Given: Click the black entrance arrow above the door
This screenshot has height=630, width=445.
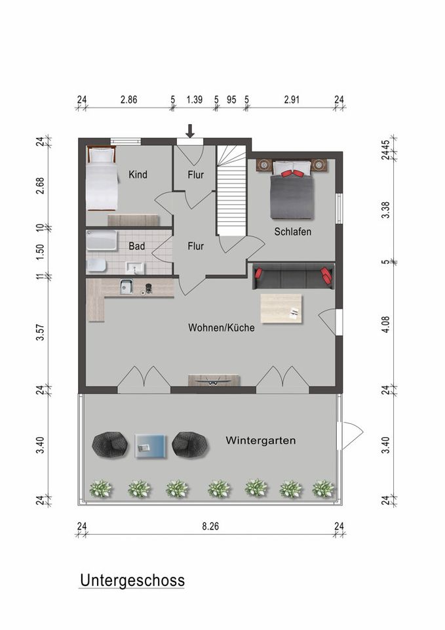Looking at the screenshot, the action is pyautogui.click(x=190, y=131).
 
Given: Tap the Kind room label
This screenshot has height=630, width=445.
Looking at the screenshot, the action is pyautogui.click(x=138, y=175).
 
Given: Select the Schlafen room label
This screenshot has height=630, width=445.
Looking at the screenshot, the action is pyautogui.click(x=292, y=232).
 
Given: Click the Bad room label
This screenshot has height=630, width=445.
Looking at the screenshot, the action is pyautogui.click(x=136, y=246).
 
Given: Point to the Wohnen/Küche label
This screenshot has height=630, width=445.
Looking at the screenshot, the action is pyautogui.click(x=221, y=328).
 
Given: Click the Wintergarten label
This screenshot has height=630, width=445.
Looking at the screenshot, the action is pyautogui.click(x=260, y=440).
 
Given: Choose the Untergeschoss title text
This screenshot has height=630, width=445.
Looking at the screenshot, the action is pyautogui.click(x=132, y=581).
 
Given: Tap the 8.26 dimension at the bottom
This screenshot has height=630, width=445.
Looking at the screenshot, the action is pyautogui.click(x=210, y=526).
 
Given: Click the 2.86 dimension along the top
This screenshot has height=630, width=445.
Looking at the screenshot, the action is pyautogui.click(x=129, y=100).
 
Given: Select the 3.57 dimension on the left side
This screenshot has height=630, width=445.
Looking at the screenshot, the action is pyautogui.click(x=40, y=332).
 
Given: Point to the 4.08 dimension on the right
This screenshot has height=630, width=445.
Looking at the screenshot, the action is pyautogui.click(x=385, y=324).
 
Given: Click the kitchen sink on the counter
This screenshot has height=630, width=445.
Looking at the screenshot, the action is pyautogui.click(x=126, y=287).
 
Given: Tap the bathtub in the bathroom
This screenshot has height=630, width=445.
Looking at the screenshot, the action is pyautogui.click(x=102, y=240).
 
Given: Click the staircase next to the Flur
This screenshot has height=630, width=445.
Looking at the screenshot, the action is pyautogui.click(x=231, y=190).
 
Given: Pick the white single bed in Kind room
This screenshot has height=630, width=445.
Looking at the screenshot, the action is pyautogui.click(x=102, y=178).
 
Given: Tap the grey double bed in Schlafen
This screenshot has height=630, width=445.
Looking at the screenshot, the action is pyautogui.click(x=292, y=190).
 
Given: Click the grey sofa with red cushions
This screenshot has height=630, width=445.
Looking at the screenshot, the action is pyautogui.click(x=294, y=276).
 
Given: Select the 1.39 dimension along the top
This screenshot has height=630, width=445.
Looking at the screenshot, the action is pyautogui.click(x=195, y=100).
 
